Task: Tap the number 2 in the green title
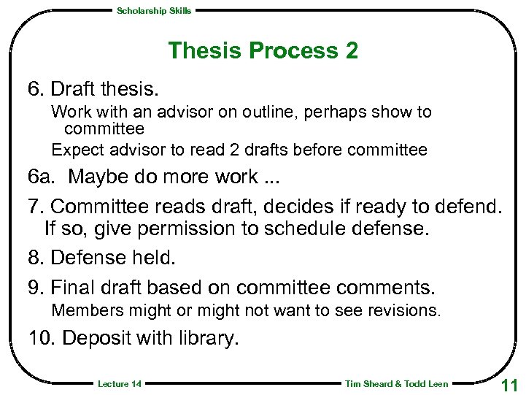pos(351,51)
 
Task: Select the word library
pos(212,340)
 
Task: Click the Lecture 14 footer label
pos(119,384)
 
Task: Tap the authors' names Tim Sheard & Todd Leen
pos(396,384)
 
